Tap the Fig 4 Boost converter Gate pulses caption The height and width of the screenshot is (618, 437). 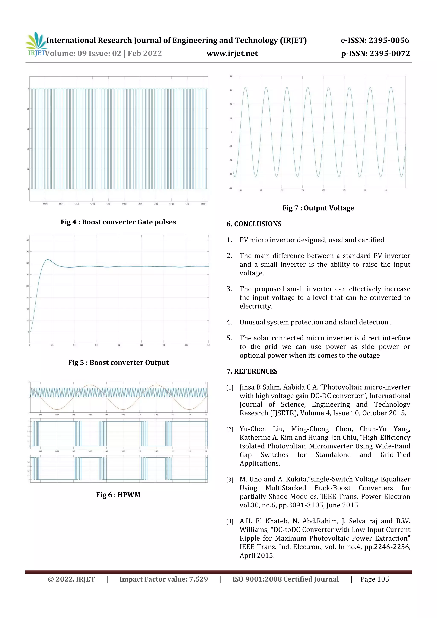(118, 222)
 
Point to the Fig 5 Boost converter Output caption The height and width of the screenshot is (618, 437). (118, 363)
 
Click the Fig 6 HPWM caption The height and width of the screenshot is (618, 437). (118, 495)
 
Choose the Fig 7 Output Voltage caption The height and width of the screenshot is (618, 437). (318, 208)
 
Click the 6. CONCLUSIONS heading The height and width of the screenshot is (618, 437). (254, 224)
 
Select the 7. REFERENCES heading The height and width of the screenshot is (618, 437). (252, 371)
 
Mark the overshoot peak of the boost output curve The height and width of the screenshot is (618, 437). (48, 260)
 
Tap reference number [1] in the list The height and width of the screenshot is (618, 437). (230, 388)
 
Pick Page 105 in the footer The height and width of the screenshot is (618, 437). (374, 579)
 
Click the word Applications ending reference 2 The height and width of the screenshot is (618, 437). (259, 464)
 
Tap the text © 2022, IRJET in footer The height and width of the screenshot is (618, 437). (71, 579)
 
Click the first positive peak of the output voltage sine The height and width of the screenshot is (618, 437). (245, 87)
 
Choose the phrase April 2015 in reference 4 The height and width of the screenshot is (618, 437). (257, 555)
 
